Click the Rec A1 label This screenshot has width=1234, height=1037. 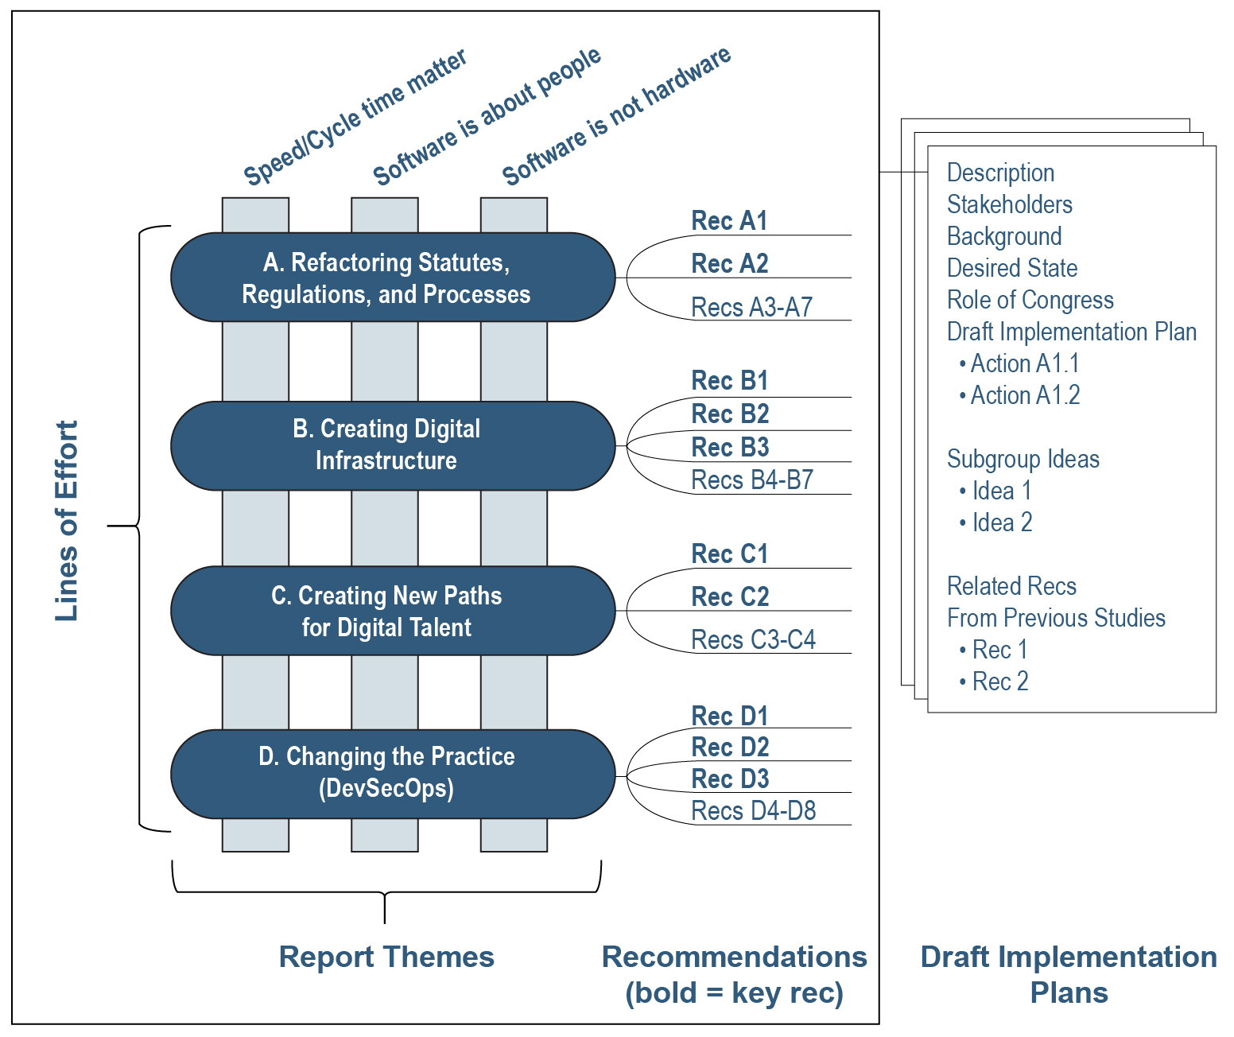[729, 221]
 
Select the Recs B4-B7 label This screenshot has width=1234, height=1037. [751, 480]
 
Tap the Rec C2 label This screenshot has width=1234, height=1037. [730, 596]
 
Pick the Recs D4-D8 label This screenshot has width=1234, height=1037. [753, 811]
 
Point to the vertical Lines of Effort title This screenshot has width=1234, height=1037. [67, 521]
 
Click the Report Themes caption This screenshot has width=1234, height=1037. [386, 957]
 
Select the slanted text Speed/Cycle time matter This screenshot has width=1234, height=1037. [355, 118]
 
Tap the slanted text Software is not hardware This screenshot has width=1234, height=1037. [616, 116]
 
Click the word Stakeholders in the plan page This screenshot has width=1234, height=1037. [1009, 204]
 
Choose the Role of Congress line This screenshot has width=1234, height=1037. [1030, 300]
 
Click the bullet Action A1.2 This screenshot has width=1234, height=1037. [1024, 395]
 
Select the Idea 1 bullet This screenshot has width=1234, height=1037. [1001, 491]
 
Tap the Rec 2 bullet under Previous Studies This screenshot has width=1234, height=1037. [999, 682]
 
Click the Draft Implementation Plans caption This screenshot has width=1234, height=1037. [1068, 974]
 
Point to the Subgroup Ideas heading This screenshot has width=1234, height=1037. [1023, 459]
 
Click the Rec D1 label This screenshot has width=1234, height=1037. [729, 716]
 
